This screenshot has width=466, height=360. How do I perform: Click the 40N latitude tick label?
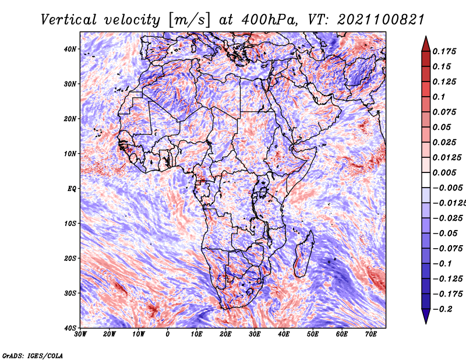coord(70,49)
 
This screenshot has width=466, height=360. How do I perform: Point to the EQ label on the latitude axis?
coord(72,189)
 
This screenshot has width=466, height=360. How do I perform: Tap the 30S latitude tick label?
coord(70,293)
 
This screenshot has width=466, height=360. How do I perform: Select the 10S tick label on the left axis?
coord(70,223)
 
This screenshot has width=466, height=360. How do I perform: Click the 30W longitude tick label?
coord(80,334)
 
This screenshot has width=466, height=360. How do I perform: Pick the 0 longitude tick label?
coord(168,334)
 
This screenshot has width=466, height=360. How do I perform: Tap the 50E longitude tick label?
coord(313,334)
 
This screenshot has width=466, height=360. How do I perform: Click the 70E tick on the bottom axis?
coord(371,334)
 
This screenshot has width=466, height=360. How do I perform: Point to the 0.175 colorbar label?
coord(444,51)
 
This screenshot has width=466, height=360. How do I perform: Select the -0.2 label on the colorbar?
coord(442,309)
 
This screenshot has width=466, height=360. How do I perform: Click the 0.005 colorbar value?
coord(444,172)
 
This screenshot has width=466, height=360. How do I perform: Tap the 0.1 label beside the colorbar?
coord(439,97)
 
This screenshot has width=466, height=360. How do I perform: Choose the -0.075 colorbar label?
coord(447,248)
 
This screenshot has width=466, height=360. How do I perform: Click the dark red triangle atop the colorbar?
coord(426,45)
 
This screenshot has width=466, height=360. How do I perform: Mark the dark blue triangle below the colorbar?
coord(426,316)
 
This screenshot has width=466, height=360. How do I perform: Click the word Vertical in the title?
coord(69,20)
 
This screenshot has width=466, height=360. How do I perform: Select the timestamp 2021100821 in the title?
coord(381,20)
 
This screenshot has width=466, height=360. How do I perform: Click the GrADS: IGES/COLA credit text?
coord(33,355)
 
